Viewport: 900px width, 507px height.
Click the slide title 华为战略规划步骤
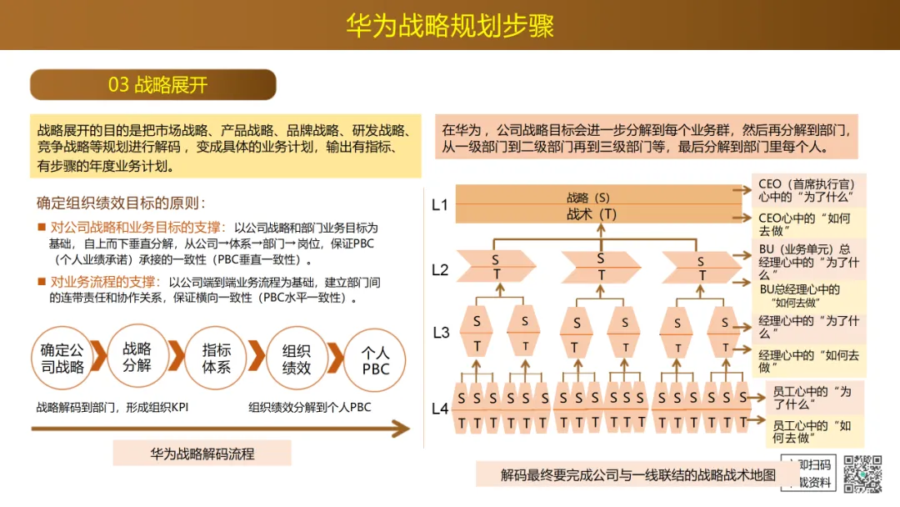tap(450, 25)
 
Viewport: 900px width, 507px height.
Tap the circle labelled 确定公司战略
tap(62, 358)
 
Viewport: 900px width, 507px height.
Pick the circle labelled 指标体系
tap(217, 358)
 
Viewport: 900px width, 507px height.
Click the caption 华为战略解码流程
tap(202, 454)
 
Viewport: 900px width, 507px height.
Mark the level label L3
tap(441, 333)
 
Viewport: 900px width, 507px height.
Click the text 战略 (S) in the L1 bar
tap(588, 198)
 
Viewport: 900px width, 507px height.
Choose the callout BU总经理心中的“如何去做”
tap(799, 296)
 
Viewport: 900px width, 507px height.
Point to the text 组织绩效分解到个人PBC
tap(309, 408)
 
